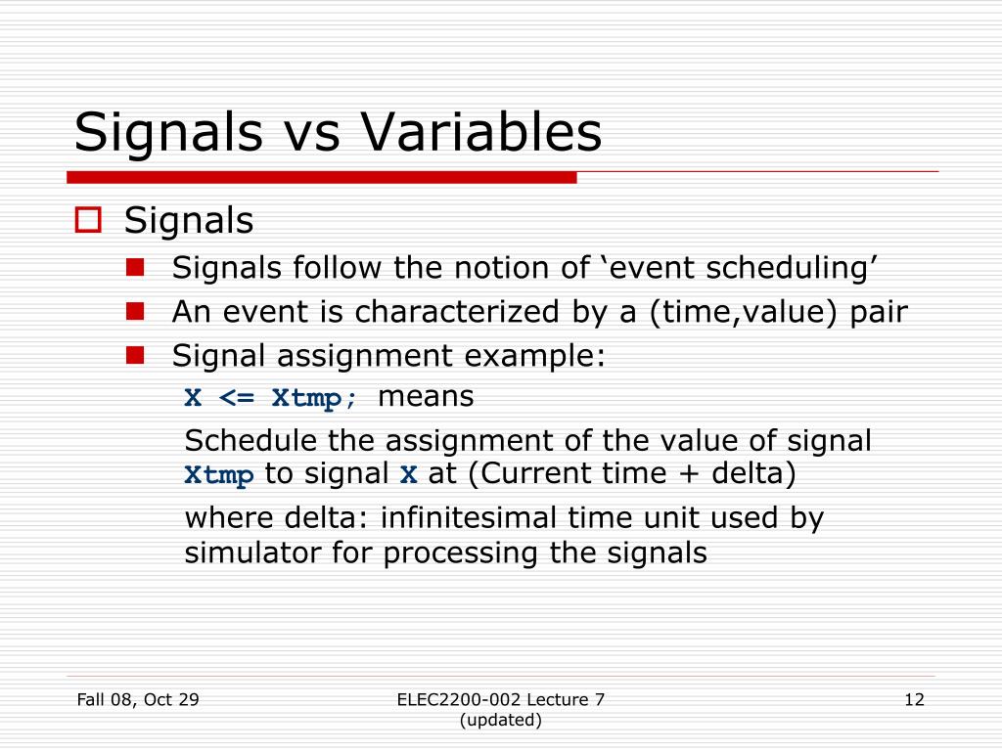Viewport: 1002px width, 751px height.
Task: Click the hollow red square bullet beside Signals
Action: point(89,221)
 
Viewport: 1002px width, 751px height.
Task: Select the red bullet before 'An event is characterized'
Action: point(135,311)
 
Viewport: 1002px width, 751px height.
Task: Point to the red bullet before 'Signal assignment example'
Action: point(135,355)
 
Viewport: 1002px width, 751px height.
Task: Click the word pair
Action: point(874,312)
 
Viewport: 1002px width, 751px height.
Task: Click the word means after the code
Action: point(426,397)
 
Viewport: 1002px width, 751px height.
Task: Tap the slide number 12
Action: point(914,699)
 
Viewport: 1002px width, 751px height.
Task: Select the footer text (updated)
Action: point(500,720)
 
